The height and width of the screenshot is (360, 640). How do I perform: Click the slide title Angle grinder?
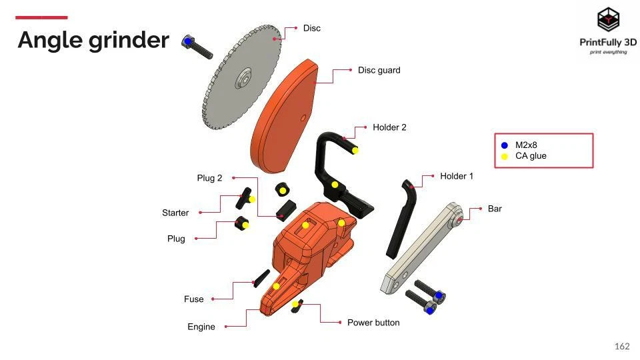coord(93,40)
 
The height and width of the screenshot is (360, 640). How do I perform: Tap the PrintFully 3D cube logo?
coord(607,20)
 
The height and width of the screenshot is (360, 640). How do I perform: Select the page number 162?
coord(621,346)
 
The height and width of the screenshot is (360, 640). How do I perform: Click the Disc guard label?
coord(379,70)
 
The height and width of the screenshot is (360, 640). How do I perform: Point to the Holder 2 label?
coord(389,127)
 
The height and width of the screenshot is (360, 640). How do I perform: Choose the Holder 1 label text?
coord(457,176)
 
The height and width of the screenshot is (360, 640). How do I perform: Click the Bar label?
coord(495,209)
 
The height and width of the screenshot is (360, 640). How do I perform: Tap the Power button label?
coord(373,323)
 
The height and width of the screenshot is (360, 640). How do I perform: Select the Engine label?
coord(201,327)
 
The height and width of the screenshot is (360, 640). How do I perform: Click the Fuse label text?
coord(194,299)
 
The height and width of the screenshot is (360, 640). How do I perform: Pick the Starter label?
coord(175,213)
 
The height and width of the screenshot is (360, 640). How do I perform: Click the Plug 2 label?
coord(209,178)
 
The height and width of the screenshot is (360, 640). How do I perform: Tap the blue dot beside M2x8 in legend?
coord(505,145)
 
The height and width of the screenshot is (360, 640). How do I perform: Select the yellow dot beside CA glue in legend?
coord(505,157)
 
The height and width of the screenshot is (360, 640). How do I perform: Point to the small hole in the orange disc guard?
coord(303,118)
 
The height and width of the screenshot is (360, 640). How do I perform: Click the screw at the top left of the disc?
coord(197,46)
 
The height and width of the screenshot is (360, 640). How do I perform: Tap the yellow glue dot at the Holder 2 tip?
coord(355,150)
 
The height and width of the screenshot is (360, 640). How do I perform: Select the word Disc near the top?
coord(311,28)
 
